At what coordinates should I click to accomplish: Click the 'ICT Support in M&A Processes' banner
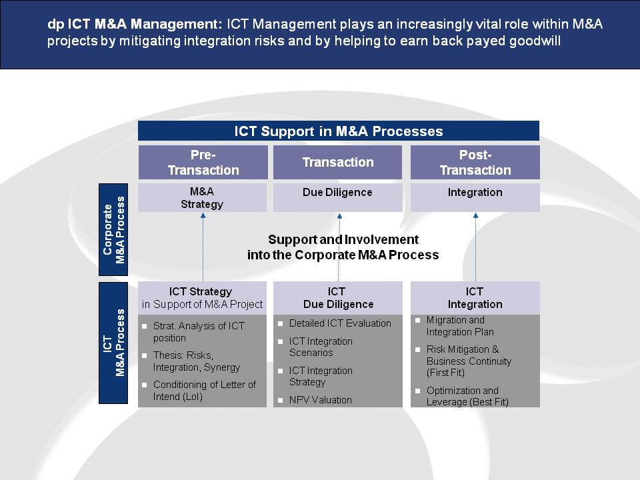[x=339, y=131]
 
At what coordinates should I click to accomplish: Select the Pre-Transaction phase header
[x=203, y=163]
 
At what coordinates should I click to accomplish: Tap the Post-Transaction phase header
[x=475, y=163]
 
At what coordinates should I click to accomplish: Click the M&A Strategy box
[x=203, y=198]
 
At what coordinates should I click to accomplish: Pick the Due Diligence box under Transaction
[x=338, y=198]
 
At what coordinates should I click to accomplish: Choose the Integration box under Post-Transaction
[x=475, y=198]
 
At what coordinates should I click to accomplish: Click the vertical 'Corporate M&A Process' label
[x=113, y=230]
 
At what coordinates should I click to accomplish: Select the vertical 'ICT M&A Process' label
[x=113, y=343]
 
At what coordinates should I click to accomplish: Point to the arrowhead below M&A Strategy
[x=203, y=215]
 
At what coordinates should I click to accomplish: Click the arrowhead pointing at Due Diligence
[x=339, y=216]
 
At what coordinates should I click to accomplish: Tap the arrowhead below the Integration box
[x=475, y=215]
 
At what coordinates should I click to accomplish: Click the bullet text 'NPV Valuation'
[x=321, y=400]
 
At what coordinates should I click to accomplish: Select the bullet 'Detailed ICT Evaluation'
[x=340, y=323]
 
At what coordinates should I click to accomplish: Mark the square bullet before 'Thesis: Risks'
[x=144, y=355]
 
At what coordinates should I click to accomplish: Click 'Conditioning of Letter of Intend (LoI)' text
[x=205, y=391]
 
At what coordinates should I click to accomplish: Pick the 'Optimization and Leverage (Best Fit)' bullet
[x=467, y=396]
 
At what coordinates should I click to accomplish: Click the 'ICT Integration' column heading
[x=475, y=298]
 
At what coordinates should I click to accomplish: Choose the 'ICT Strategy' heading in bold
[x=201, y=292]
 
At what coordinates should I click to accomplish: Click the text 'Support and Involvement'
[x=343, y=239]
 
